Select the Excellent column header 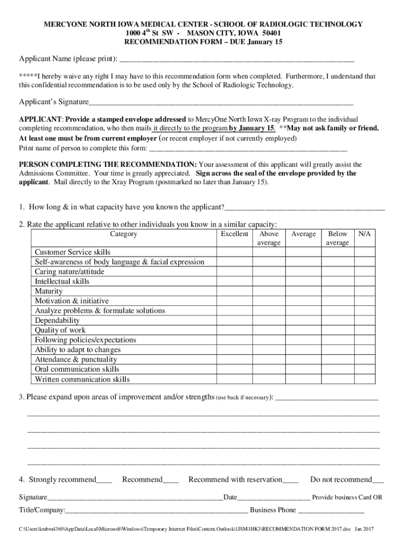pyautogui.click(x=234, y=234)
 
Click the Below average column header pyautogui.click(x=338, y=238)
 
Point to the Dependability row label pyautogui.click(x=57, y=321)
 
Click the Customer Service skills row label pyautogui.click(x=72, y=252)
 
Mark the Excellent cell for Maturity pyautogui.click(x=234, y=292)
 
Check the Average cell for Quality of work pyautogui.click(x=303, y=330)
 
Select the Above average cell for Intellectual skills pyautogui.click(x=269, y=282)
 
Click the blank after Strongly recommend pyautogui.click(x=104, y=480)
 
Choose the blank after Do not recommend pyautogui.click(x=378, y=480)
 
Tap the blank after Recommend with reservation pyautogui.click(x=290, y=480)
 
